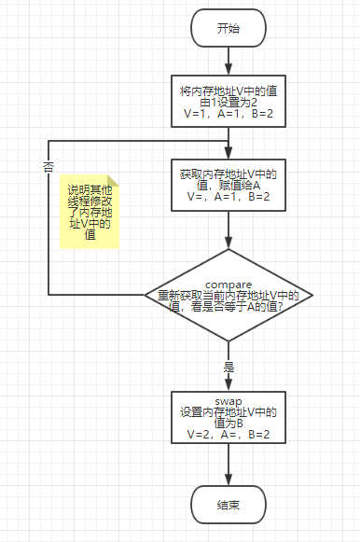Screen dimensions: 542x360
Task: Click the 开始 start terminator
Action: pos(228,28)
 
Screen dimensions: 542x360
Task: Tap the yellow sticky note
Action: pos(90,213)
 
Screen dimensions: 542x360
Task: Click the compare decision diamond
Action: pos(228,295)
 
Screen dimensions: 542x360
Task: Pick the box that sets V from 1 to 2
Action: pos(228,101)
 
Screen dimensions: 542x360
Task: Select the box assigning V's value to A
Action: pos(228,186)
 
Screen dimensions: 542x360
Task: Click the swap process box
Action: pos(228,417)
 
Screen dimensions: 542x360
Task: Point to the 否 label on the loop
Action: pos(48,166)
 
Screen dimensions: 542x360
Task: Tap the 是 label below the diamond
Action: pos(228,367)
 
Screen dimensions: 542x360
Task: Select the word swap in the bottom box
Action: pos(228,401)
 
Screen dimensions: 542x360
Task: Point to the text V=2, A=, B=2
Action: pos(228,434)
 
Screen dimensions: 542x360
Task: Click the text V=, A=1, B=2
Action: pos(228,198)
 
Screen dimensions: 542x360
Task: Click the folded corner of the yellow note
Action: pos(112,183)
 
